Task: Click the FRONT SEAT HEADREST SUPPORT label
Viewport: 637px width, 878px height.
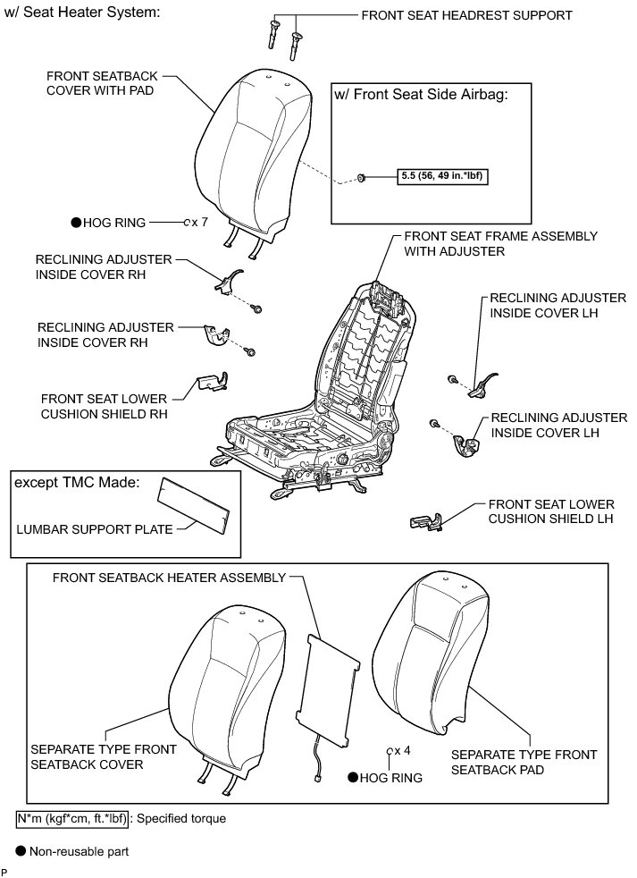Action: pyautogui.click(x=465, y=15)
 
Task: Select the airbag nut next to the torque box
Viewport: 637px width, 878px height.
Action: pyautogui.click(x=360, y=178)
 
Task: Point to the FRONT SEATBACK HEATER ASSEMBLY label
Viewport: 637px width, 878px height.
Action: pyautogui.click(x=169, y=578)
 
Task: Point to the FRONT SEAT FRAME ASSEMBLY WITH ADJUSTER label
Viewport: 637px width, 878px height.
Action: pyautogui.click(x=500, y=244)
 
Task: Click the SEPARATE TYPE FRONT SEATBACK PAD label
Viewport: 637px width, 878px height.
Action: pyautogui.click(x=511, y=762)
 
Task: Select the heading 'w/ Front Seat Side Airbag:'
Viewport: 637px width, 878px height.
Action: pyautogui.click(x=420, y=95)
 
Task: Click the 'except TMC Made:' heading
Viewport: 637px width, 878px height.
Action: pyautogui.click(x=76, y=483)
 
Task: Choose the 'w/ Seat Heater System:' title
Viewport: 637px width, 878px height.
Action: pyautogui.click(x=83, y=13)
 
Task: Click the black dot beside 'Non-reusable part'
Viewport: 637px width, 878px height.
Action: pyautogui.click(x=21, y=851)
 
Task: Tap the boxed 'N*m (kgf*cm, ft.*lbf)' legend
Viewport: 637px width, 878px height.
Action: pyautogui.click(x=72, y=817)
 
